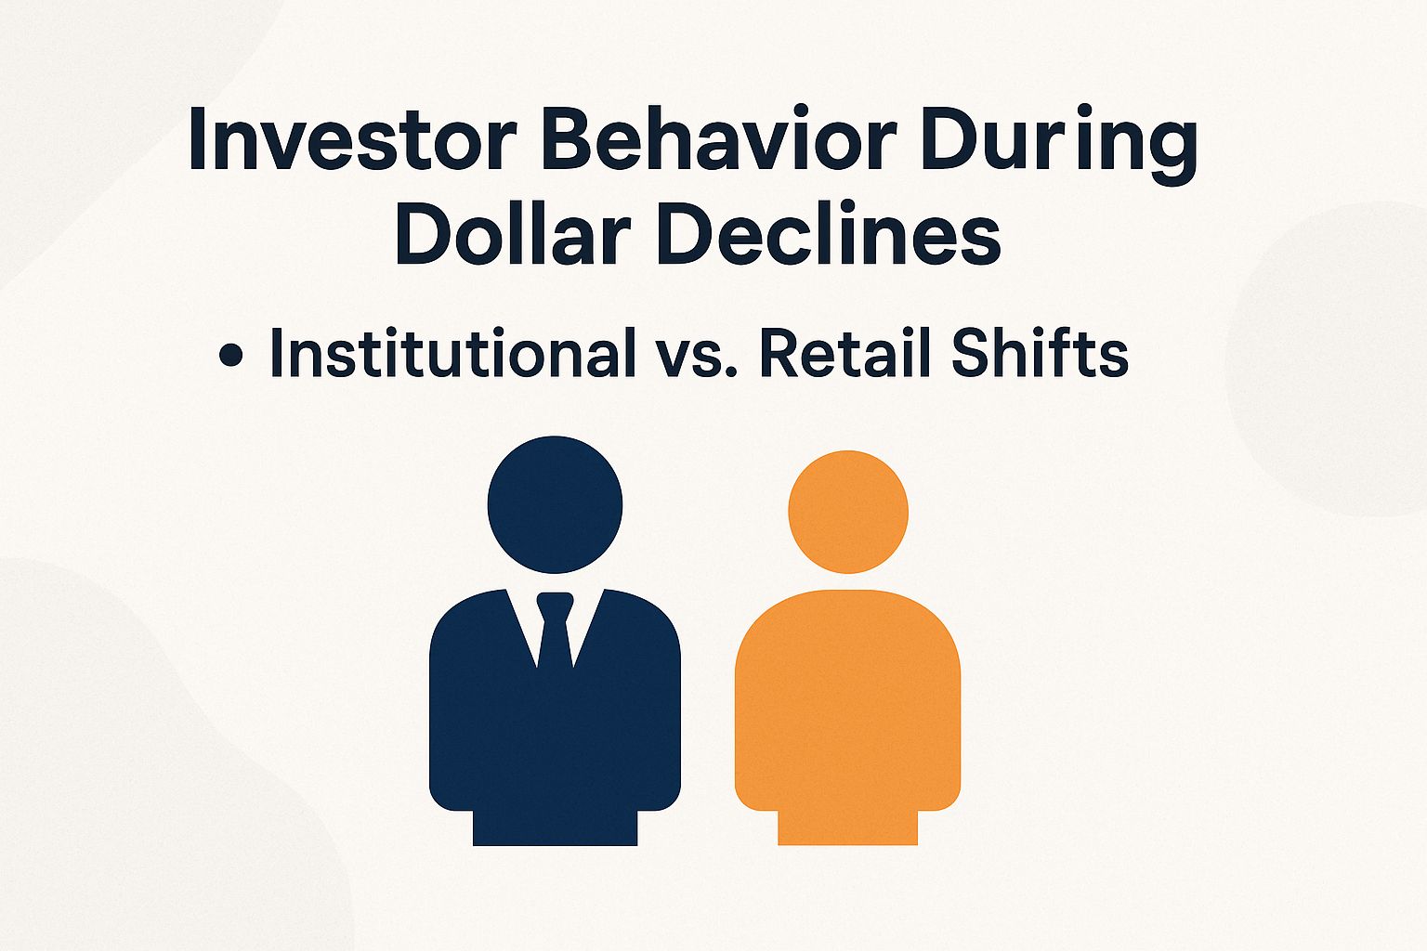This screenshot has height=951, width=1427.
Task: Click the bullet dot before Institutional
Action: tap(229, 357)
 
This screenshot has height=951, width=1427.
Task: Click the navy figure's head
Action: tap(555, 504)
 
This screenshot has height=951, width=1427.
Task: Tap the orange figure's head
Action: tap(847, 512)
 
